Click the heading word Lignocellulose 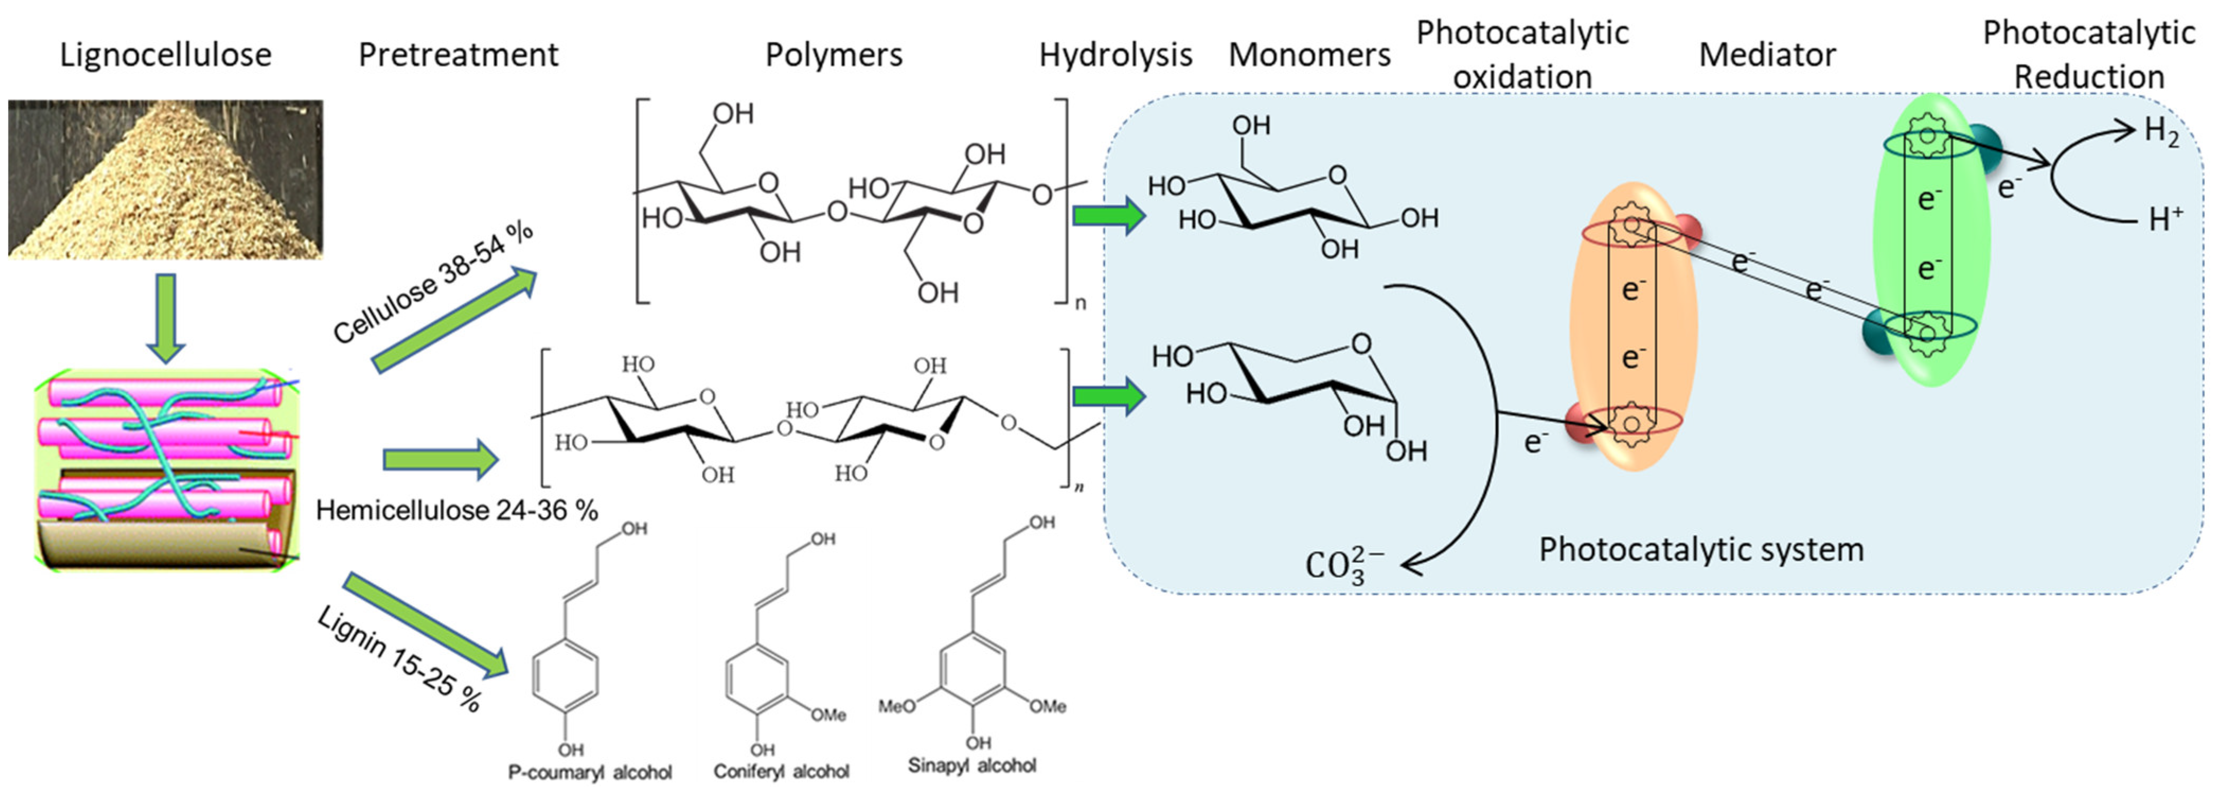(x=165, y=55)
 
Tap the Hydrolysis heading (x=1115, y=55)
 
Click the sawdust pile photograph (x=165, y=179)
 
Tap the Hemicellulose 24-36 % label (x=456, y=510)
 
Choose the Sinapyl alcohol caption (x=972, y=765)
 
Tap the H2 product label (x=2161, y=132)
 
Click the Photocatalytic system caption (x=1701, y=550)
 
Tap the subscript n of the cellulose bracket (x=1080, y=303)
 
